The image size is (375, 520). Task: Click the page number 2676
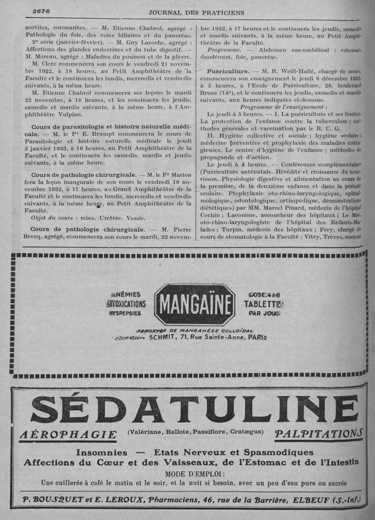click(41, 11)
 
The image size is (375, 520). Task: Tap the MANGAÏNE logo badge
click(195, 305)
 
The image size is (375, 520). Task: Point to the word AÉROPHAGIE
click(68, 436)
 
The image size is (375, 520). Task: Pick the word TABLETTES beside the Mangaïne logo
click(264, 303)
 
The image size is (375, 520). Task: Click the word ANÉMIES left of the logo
click(125, 294)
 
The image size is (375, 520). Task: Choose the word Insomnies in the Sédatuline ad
click(101, 452)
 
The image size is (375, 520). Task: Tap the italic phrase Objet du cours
click(52, 218)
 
